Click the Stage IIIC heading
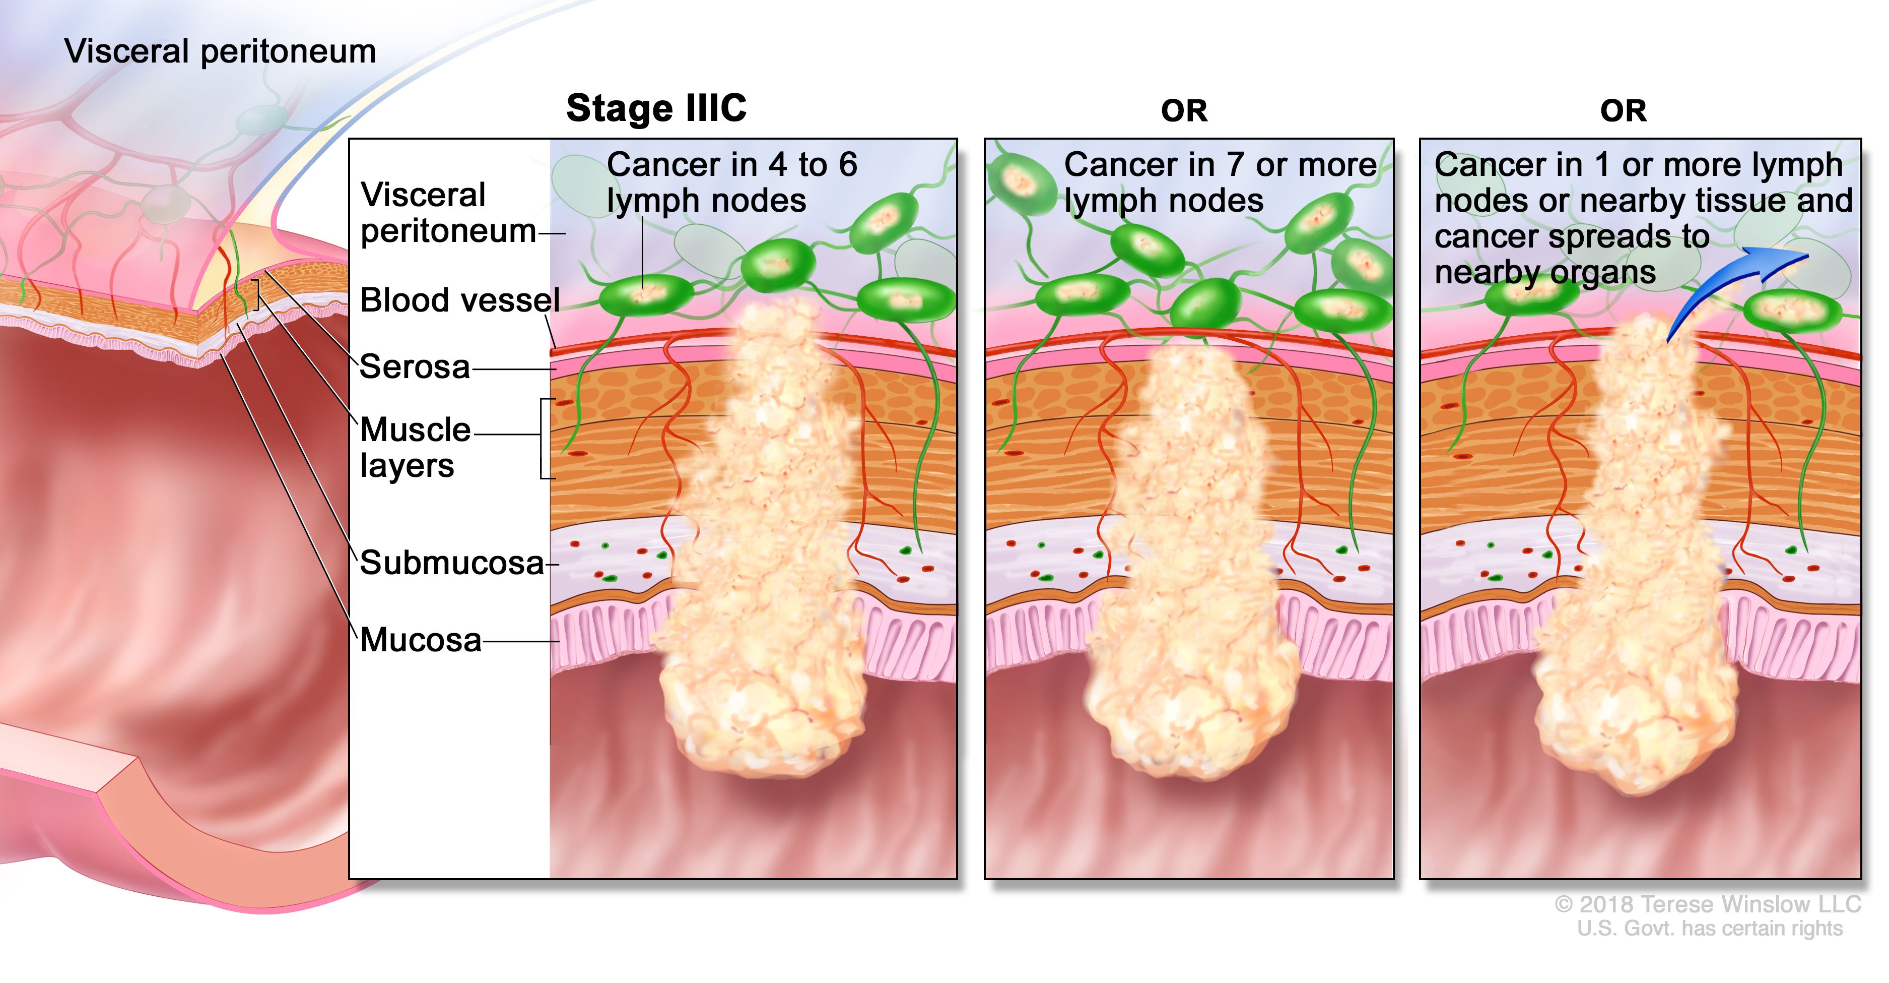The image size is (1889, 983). [x=656, y=108]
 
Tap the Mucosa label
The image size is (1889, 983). [x=421, y=640]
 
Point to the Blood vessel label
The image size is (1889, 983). [x=460, y=300]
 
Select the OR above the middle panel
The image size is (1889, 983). [x=1184, y=111]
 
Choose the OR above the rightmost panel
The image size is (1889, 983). [x=1623, y=111]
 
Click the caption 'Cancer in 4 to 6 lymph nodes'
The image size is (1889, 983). [x=731, y=182]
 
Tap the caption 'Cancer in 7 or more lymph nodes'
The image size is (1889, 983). [x=1220, y=182]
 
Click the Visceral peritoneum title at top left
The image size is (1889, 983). [x=220, y=51]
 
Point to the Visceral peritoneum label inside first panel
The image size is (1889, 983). [x=447, y=213]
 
